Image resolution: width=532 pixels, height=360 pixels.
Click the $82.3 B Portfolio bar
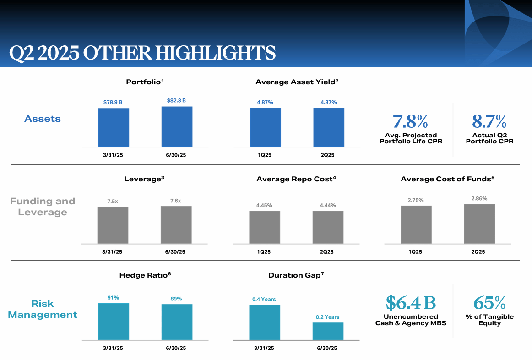tap(177, 126)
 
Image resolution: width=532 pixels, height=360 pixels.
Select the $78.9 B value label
tap(113, 102)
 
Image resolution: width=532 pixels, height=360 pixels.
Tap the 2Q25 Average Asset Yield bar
tap(329, 127)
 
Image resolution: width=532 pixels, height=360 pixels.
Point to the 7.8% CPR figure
tap(410, 122)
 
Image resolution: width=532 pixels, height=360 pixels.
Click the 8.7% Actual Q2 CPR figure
tap(489, 122)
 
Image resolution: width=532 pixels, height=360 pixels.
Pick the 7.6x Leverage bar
tap(176, 224)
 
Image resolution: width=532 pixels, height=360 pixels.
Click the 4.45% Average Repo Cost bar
tap(265, 227)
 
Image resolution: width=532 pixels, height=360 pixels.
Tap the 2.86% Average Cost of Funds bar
tap(479, 224)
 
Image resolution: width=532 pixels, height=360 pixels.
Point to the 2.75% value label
tap(416, 200)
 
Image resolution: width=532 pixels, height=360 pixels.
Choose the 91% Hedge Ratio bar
tap(114, 321)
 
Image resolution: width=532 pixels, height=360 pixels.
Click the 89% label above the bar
tap(176, 299)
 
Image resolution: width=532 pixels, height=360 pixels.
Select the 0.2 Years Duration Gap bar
tap(328, 331)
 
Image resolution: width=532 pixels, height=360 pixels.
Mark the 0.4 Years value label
tap(264, 300)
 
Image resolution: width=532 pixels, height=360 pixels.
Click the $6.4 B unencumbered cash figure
tap(410, 303)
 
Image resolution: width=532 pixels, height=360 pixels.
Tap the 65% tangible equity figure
tap(489, 303)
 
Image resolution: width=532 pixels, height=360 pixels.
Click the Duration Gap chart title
tap(296, 275)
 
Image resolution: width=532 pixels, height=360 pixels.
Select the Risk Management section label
tap(43, 309)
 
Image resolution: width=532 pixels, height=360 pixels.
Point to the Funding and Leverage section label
tap(43, 207)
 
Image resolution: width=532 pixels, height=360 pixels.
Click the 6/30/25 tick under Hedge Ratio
tap(176, 348)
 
